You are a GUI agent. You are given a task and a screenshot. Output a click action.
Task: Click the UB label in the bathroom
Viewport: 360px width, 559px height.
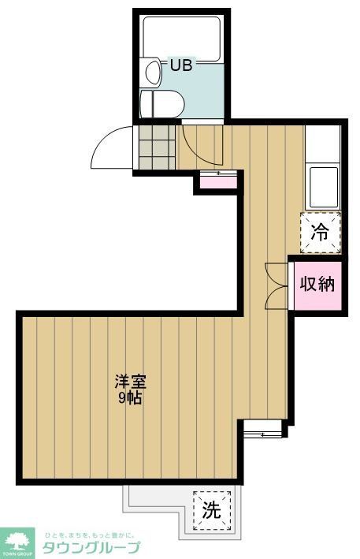(182, 65)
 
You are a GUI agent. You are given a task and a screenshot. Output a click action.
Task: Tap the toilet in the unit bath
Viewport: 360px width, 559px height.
(161, 102)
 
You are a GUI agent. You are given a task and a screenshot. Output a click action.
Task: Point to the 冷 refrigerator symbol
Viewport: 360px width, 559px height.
(321, 232)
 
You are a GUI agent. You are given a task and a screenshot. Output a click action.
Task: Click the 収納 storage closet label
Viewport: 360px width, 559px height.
(317, 284)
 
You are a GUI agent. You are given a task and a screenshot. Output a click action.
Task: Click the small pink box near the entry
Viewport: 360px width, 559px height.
(216, 181)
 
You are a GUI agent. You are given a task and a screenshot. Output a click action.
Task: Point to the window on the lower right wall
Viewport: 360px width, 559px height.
(263, 429)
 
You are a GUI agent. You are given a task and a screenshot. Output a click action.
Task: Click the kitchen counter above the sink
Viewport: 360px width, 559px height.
(324, 145)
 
